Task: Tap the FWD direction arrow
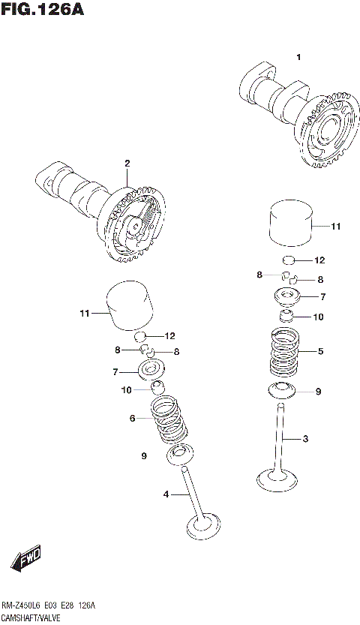(25, 558)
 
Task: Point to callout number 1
(298, 58)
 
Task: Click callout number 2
(127, 163)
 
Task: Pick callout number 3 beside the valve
(306, 438)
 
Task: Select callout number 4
(166, 494)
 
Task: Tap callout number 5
(320, 350)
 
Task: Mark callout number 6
(132, 418)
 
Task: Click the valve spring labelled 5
(284, 353)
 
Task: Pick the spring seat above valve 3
(281, 389)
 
